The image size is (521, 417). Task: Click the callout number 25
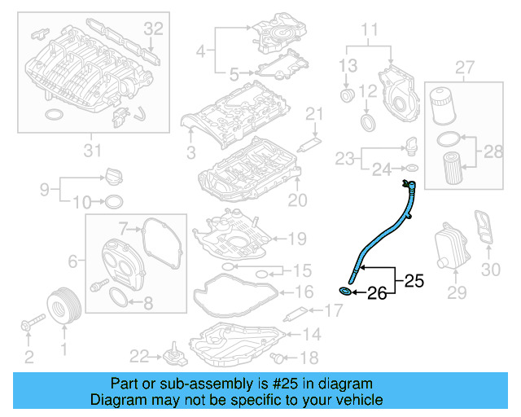414,282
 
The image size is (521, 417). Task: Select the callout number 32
154,29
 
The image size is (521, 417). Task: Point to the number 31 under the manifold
93,149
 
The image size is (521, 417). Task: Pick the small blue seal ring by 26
346,291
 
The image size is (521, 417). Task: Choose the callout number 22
138,355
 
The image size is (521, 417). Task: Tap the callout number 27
465,65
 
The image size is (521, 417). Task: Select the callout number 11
370,32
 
